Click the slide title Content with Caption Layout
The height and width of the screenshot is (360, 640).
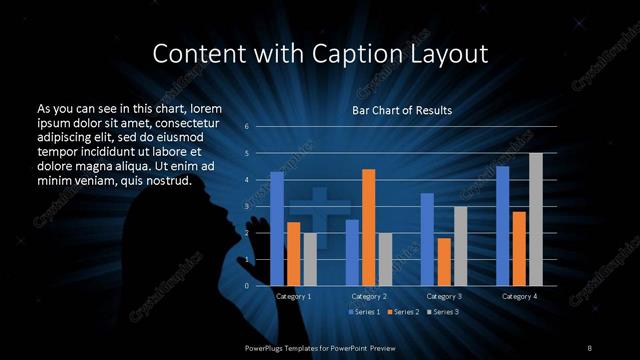pos(319,52)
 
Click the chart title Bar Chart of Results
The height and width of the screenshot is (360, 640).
pos(401,110)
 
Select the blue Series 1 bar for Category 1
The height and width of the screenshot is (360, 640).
pos(277,229)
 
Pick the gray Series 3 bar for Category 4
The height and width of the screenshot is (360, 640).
pos(536,219)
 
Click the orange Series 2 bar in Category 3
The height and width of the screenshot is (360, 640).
pos(443,262)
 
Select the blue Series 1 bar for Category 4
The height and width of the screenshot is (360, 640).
pos(502,226)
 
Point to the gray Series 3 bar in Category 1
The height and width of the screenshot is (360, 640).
pos(310,259)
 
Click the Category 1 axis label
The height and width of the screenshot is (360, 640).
pos(293,297)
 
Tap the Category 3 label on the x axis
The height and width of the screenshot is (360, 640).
pos(443,297)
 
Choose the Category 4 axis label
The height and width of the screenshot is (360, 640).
pos(519,297)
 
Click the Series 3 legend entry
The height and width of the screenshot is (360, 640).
pos(444,313)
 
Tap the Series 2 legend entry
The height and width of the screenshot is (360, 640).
pos(405,313)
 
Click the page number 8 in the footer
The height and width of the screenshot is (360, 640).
pos(590,347)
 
